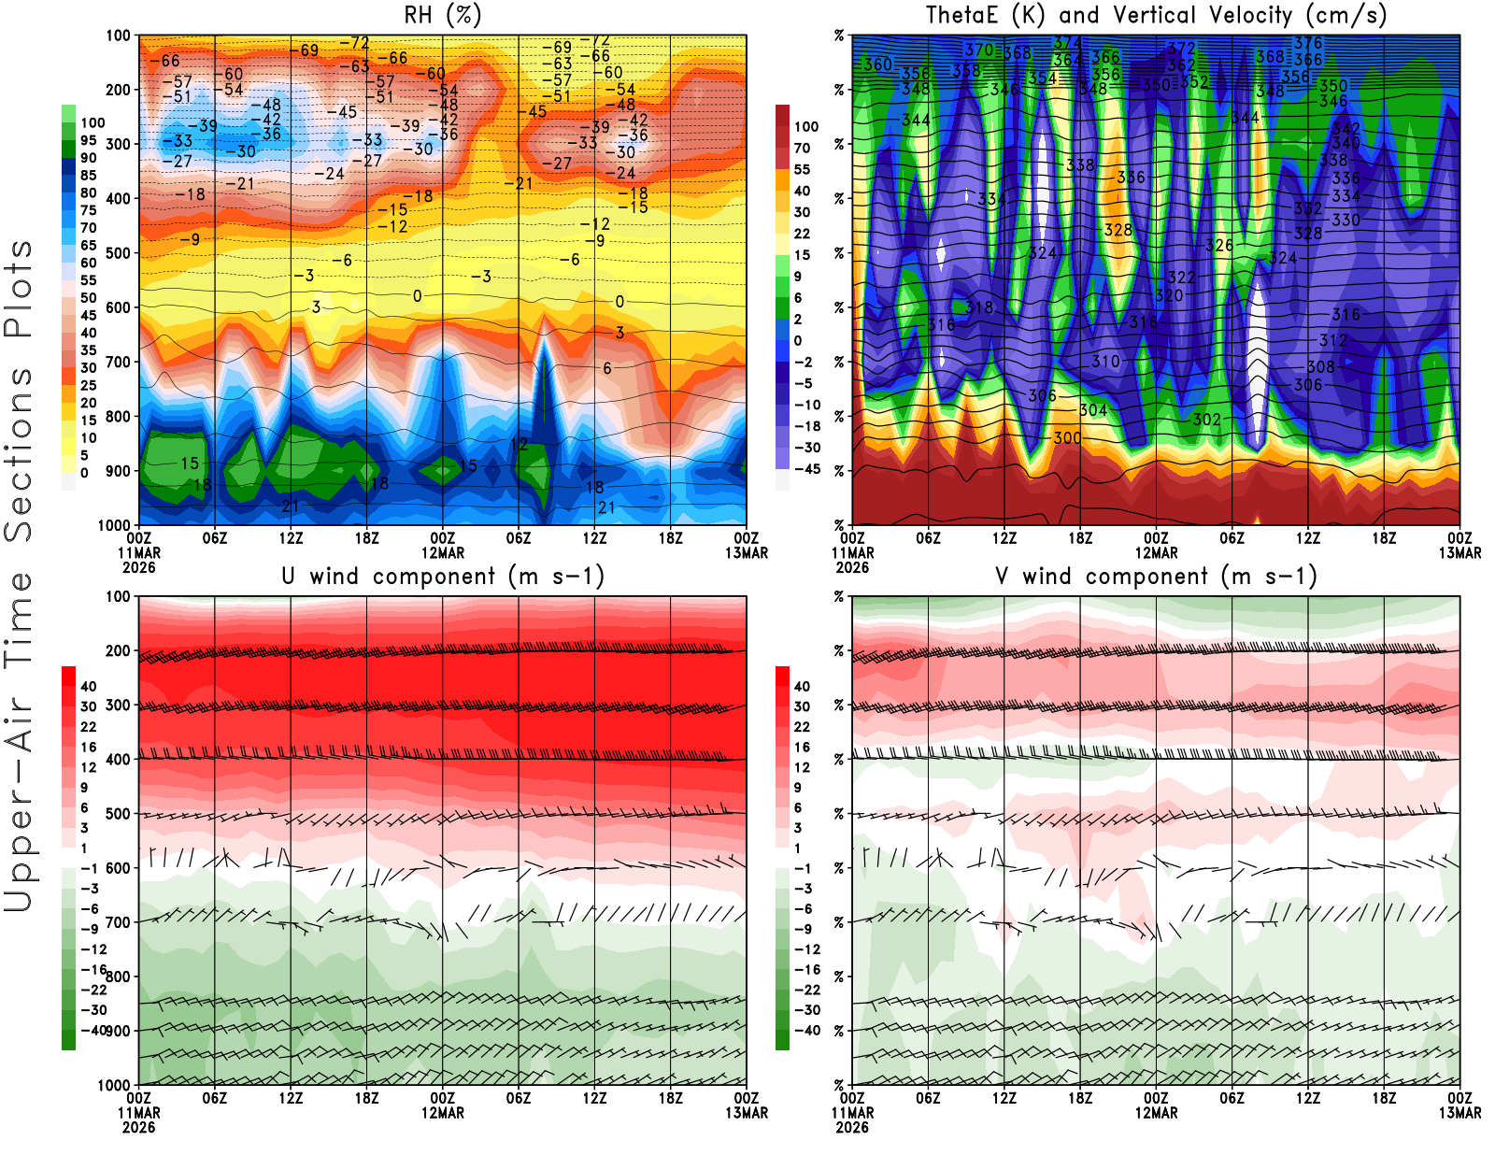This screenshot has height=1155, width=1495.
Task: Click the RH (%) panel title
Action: pyautogui.click(x=443, y=15)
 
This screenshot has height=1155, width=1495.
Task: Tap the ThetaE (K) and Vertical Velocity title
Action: pyautogui.click(x=1156, y=15)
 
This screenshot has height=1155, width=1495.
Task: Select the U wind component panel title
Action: pyautogui.click(x=443, y=576)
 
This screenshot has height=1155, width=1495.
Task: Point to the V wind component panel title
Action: pyautogui.click(x=1156, y=576)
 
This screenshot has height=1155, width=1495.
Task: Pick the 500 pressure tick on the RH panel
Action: pyautogui.click(x=119, y=252)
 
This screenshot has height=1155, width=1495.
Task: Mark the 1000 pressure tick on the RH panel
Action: pyautogui.click(x=115, y=525)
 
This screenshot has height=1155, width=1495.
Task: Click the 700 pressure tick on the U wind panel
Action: pyautogui.click(x=119, y=922)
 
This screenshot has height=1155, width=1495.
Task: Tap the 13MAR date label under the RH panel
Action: pyautogui.click(x=747, y=553)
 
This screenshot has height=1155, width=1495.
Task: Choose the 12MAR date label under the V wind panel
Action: pyautogui.click(x=1156, y=1113)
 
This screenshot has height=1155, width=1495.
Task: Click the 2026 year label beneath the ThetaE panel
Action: pyautogui.click(x=852, y=567)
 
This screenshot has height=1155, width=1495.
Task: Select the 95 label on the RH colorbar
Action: pyautogui.click(x=89, y=140)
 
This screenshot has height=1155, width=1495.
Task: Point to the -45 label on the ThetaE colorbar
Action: pyautogui.click(x=806, y=469)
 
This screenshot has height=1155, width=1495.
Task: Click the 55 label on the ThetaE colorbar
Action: pyautogui.click(x=802, y=169)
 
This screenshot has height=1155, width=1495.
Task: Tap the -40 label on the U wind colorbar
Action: pyautogui.click(x=92, y=1030)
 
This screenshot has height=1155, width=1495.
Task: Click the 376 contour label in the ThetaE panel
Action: pyautogui.click(x=1307, y=43)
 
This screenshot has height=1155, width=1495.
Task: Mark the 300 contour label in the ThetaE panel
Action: pyautogui.click(x=1067, y=437)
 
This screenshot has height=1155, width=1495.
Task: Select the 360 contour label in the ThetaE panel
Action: pyautogui.click(x=877, y=64)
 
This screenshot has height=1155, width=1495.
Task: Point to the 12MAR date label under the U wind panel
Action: pyautogui.click(x=443, y=1113)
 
